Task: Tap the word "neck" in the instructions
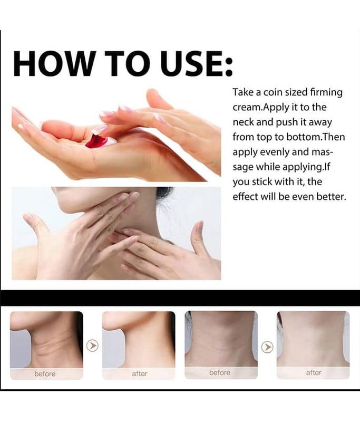pyautogui.click(x=244, y=122)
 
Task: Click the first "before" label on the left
pyautogui.click(x=45, y=374)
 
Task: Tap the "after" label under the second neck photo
pyautogui.click(x=140, y=374)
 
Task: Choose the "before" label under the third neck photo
pyautogui.click(x=220, y=373)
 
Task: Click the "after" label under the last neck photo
pyautogui.click(x=314, y=373)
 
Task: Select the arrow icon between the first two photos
pyautogui.click(x=92, y=346)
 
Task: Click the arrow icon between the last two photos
pyautogui.click(x=267, y=347)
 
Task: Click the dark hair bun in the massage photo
pyautogui.click(x=164, y=193)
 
